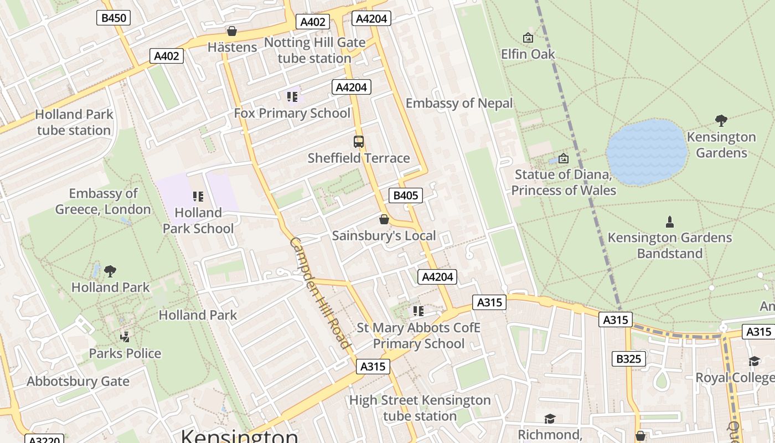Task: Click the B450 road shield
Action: pos(114,18)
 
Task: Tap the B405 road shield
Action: pos(406,195)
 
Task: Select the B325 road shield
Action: pos(629,359)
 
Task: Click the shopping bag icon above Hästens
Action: pos(232,31)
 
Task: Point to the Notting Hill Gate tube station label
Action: pos(314,50)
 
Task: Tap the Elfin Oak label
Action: pos(528,54)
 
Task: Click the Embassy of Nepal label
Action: pos(459,104)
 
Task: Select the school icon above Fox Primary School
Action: pos(292,97)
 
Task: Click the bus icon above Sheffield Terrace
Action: pos(359,142)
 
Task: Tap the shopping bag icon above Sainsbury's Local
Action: pos(384,220)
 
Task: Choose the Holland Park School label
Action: pos(198,220)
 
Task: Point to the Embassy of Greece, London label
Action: pos(103,202)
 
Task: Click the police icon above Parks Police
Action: pos(125,337)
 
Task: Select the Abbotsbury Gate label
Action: pos(78,382)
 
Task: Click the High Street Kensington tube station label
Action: pos(420,408)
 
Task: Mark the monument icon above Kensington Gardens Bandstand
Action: pos(670,222)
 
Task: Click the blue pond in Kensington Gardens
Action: pos(646,152)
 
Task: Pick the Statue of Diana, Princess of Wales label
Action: pos(564,183)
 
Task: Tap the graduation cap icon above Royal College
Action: pos(754,362)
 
